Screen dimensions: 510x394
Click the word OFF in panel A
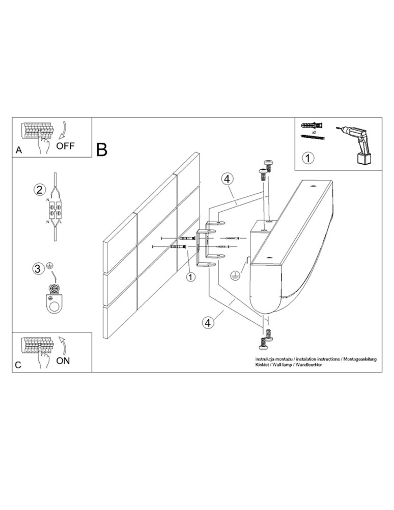click(x=65, y=145)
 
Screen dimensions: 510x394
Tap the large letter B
click(x=102, y=149)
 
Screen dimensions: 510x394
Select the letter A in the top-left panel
click(x=19, y=150)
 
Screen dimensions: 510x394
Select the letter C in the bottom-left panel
click(x=19, y=366)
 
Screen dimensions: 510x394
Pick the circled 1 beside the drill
click(x=308, y=157)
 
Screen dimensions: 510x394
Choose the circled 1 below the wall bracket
click(x=190, y=277)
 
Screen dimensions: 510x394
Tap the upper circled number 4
click(x=227, y=178)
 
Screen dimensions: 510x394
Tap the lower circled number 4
click(x=207, y=322)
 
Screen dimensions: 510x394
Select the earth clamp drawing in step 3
click(x=52, y=299)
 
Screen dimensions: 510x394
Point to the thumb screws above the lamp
click(x=265, y=169)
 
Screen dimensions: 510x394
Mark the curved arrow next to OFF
click(x=63, y=130)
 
